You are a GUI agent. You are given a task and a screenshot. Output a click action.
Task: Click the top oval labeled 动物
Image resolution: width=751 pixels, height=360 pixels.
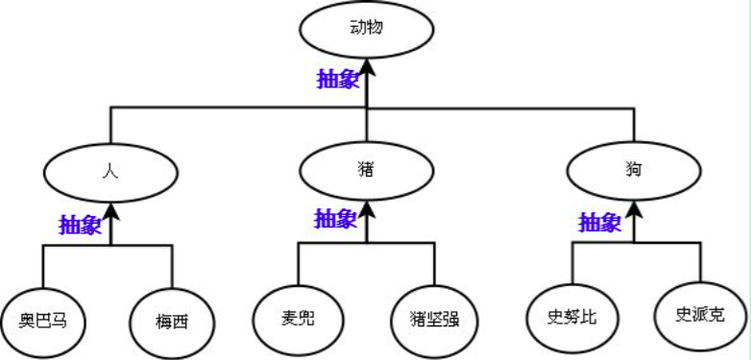coord(367,29)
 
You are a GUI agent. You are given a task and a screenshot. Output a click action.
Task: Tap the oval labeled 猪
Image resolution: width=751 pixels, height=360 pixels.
coord(366,171)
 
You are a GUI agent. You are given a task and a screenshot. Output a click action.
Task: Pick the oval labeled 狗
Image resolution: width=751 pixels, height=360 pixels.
coord(633,172)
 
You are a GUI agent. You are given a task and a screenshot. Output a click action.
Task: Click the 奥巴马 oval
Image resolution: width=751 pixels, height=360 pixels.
coord(42,318)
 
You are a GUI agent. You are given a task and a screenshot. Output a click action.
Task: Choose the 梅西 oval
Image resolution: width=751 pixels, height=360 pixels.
coord(172,319)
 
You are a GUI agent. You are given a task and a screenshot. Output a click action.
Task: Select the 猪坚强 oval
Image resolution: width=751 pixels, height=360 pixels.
coord(434,317)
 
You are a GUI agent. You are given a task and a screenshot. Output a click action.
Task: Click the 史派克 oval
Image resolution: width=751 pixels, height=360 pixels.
coord(699,315)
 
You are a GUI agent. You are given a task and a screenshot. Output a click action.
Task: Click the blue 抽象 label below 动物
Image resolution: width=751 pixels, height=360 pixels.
coord(338,79)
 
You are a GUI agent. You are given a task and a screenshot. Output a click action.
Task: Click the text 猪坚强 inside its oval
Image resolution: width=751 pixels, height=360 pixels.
coord(434,318)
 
